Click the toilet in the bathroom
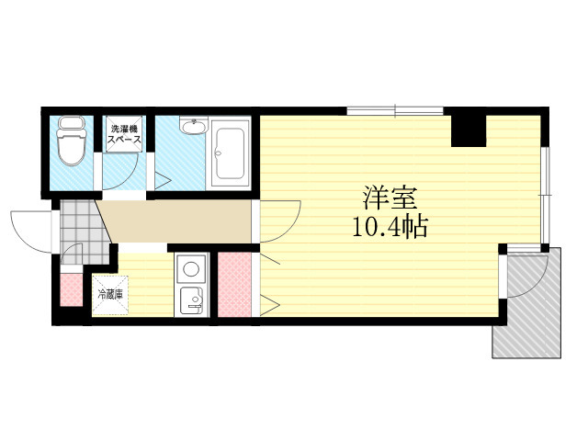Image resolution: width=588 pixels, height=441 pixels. pos(71,141)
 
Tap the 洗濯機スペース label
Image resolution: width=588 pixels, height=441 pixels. pos(124,134)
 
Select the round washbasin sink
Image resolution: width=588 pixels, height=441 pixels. pos(193,126)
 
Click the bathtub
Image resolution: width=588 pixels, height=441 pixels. pos(229,153)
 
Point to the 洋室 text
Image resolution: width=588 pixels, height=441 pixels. pos(390,198)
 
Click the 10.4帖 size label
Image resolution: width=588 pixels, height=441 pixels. pos(390,227)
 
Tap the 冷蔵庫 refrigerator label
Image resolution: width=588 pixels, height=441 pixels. pos(110,294)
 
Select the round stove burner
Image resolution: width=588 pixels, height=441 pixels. pos(191,269)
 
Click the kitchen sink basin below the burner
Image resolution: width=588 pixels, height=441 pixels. pos(191,300)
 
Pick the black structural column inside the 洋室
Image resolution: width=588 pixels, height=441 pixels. pos(469,130)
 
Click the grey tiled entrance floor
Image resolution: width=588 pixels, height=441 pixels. pos(83,231)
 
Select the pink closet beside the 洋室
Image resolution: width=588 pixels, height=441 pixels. pos(234,284)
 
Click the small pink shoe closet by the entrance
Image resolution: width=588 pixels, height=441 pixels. pos(72,289)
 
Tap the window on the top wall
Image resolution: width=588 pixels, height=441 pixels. pos(395,111)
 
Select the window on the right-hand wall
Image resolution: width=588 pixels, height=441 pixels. pos(545,195)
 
